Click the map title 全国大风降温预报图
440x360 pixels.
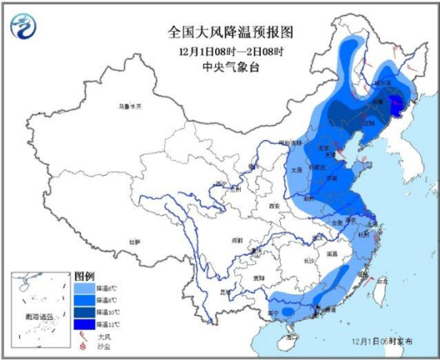click(231, 32)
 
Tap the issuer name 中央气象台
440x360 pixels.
click(231, 67)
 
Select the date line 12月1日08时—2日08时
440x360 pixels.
click(231, 50)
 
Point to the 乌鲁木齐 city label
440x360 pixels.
click(130, 106)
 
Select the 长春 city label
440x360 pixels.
click(398, 102)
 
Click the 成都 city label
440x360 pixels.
click(236, 239)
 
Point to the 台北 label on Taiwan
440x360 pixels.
click(381, 281)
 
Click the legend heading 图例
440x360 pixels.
click(85, 274)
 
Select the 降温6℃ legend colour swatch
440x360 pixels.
click(85, 286)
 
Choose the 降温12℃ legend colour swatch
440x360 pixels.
click(85, 325)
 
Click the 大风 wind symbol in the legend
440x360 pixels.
click(83, 337)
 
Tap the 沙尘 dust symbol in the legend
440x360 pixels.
click(83, 348)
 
